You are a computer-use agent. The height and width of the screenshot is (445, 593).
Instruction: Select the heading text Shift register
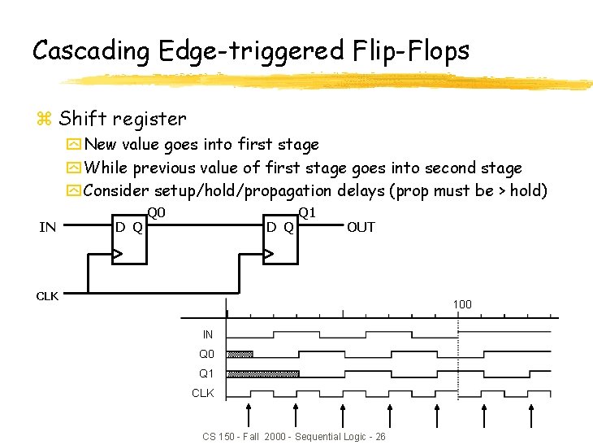122,119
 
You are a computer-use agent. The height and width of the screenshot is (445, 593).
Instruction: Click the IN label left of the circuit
48,227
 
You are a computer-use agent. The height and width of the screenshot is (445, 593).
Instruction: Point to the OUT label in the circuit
361,227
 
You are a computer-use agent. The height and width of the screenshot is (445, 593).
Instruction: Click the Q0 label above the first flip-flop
156,214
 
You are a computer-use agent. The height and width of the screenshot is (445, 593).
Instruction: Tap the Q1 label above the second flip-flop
306,214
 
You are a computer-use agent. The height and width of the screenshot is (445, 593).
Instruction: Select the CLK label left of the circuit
47,296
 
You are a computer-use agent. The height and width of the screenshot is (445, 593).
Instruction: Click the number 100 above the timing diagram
462,305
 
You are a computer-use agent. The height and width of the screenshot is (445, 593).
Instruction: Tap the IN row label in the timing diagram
208,334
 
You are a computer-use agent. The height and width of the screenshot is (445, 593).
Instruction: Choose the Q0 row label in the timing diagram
207,354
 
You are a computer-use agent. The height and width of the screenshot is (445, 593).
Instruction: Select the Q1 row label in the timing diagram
207,373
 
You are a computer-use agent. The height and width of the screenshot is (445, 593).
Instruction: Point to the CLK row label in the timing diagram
202,393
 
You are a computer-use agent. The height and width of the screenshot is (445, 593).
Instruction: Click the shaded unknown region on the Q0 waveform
240,354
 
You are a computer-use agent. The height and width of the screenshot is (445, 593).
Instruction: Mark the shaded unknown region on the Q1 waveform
262,373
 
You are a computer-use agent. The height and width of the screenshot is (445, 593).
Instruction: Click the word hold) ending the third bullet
529,191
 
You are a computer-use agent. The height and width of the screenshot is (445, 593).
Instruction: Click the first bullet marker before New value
73,146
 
